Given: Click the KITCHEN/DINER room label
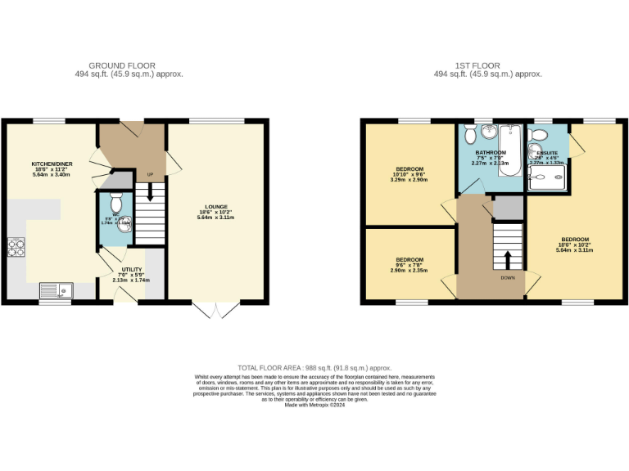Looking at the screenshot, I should [x=52, y=164].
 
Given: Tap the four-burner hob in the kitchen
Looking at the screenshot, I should [x=16, y=247].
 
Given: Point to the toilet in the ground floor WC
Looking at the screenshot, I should [x=115, y=202].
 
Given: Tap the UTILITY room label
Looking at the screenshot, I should [x=131, y=269].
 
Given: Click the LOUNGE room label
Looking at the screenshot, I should [x=215, y=207].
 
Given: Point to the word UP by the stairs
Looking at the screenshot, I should [x=150, y=174].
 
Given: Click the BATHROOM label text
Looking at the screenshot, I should [x=491, y=153].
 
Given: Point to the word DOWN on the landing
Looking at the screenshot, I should [x=509, y=277].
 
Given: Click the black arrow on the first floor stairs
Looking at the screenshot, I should [x=508, y=258].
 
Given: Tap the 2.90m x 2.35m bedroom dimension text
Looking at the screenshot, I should [x=410, y=270].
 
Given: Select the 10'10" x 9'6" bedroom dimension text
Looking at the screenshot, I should [x=410, y=173].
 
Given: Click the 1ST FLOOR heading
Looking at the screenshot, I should [x=487, y=65].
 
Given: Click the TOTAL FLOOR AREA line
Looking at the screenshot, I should [x=314, y=367].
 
